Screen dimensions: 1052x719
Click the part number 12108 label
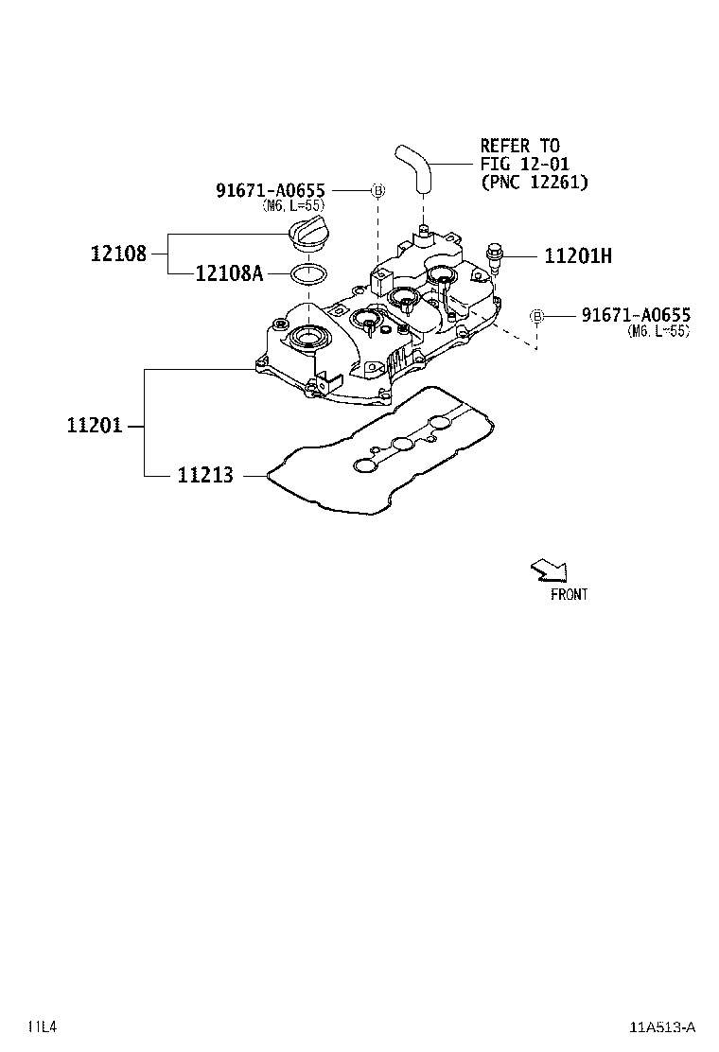pyautogui.click(x=118, y=254)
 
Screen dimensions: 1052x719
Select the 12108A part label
pyautogui.click(x=229, y=273)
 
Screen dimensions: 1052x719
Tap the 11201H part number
pyautogui.click(x=577, y=255)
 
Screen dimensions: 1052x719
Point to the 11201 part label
pyautogui.click(x=95, y=426)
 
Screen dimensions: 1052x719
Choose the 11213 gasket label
pyautogui.click(x=204, y=475)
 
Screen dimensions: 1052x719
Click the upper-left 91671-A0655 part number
pyautogui.click(x=271, y=190)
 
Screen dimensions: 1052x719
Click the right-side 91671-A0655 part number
pyautogui.click(x=635, y=315)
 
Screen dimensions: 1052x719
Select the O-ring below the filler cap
pyautogui.click(x=307, y=274)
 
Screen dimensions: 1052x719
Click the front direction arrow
pyautogui.click(x=550, y=570)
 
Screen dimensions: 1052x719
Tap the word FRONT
pyautogui.click(x=569, y=595)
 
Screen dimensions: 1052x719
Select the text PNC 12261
pyautogui.click(x=534, y=182)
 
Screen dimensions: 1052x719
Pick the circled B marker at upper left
pyautogui.click(x=377, y=190)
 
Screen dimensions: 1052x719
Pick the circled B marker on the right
pyautogui.click(x=536, y=315)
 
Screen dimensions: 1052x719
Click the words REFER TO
pyautogui.click(x=519, y=146)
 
